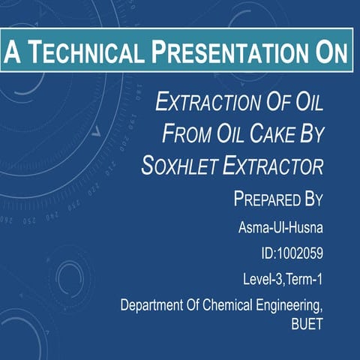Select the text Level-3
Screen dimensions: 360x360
(262, 280)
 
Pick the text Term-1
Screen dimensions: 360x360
(304, 280)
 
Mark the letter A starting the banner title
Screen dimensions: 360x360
(11, 52)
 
